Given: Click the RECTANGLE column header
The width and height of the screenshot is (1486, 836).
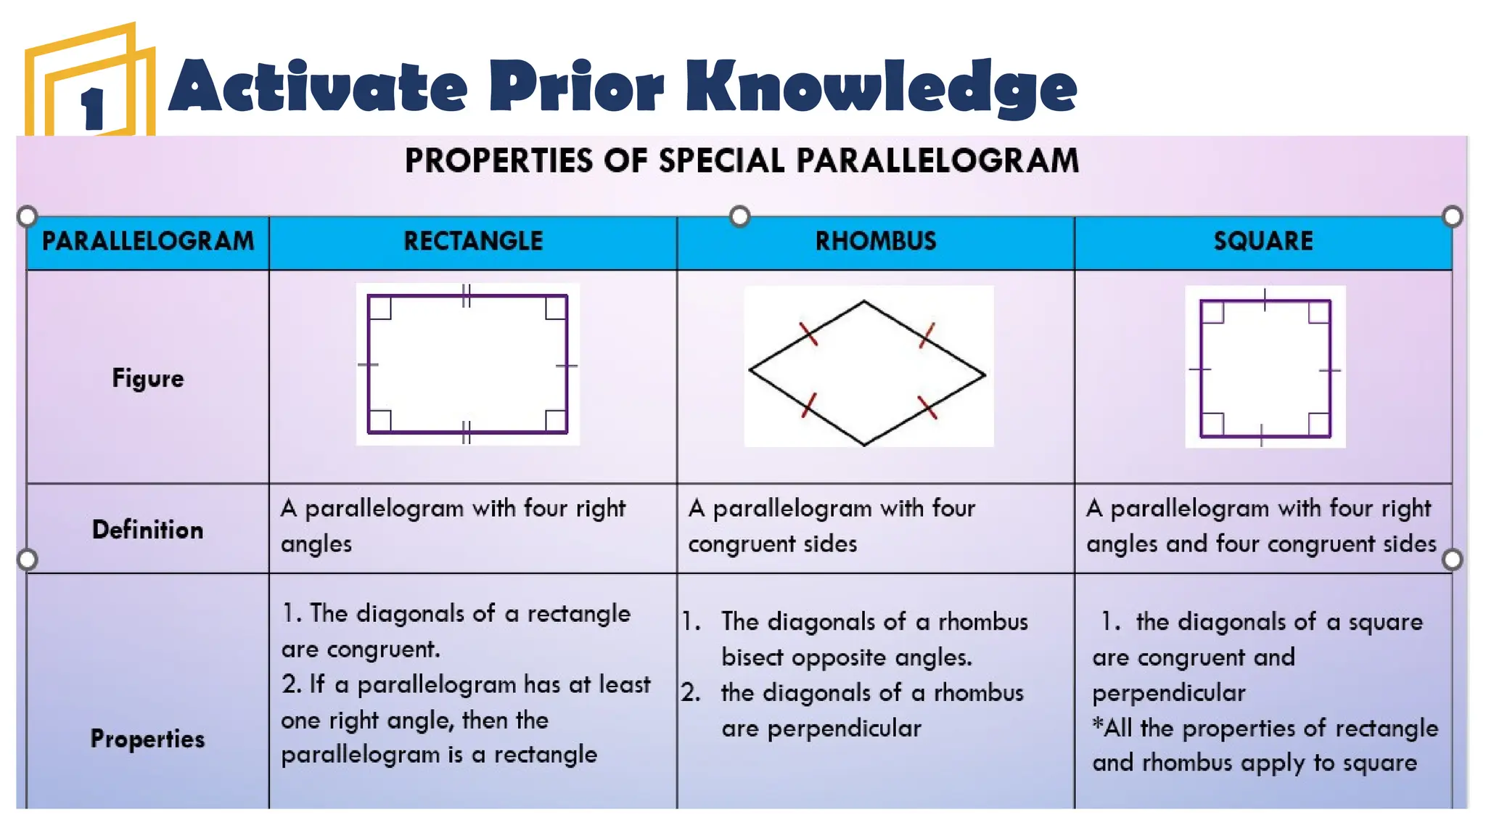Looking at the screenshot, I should coord(473,241).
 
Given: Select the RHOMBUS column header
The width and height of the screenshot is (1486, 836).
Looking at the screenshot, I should coord(876,241).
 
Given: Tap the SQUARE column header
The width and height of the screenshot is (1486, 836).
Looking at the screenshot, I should coord(1263,241).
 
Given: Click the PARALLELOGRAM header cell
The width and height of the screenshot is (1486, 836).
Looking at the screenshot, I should coord(148,241).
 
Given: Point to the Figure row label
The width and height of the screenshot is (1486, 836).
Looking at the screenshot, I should coord(148,378).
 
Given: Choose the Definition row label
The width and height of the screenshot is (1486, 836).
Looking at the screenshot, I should coord(148,530).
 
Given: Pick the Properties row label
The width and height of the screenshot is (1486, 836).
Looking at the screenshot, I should coord(148,739).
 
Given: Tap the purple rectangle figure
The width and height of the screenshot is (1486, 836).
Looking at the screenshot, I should coord(467,364).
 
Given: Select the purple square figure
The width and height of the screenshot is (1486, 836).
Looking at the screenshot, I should coord(1265,369).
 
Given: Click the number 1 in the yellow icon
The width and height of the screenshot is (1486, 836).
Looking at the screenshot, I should coord(92,109).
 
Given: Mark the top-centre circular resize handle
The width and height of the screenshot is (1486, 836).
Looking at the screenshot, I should coord(739,216).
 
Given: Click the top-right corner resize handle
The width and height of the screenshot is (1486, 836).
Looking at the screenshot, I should coord(1453,216).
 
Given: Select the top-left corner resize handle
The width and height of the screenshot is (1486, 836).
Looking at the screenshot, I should coord(27,216).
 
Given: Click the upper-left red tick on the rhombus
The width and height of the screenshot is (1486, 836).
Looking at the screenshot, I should coord(808,334).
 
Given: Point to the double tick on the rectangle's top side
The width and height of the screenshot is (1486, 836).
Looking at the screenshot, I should coord(467,295).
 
